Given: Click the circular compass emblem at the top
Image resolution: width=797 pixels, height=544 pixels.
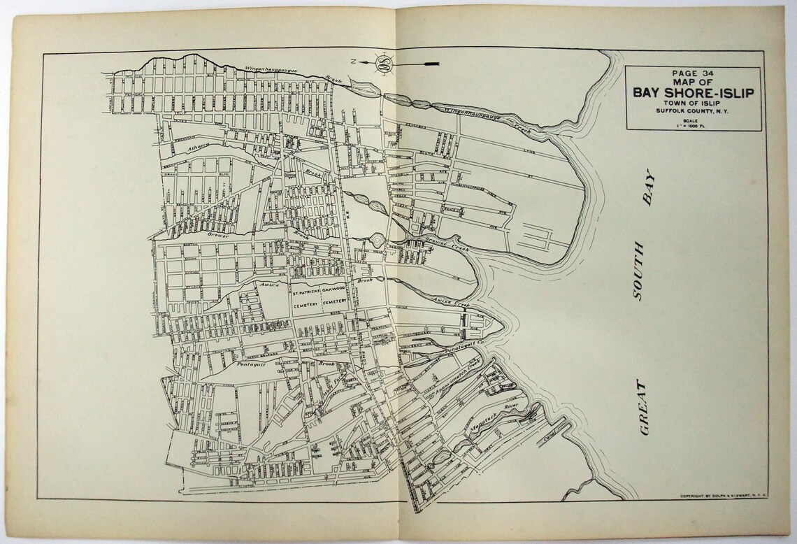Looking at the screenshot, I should (x=384, y=64).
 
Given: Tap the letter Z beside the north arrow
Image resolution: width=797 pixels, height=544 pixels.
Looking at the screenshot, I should (x=354, y=62).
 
